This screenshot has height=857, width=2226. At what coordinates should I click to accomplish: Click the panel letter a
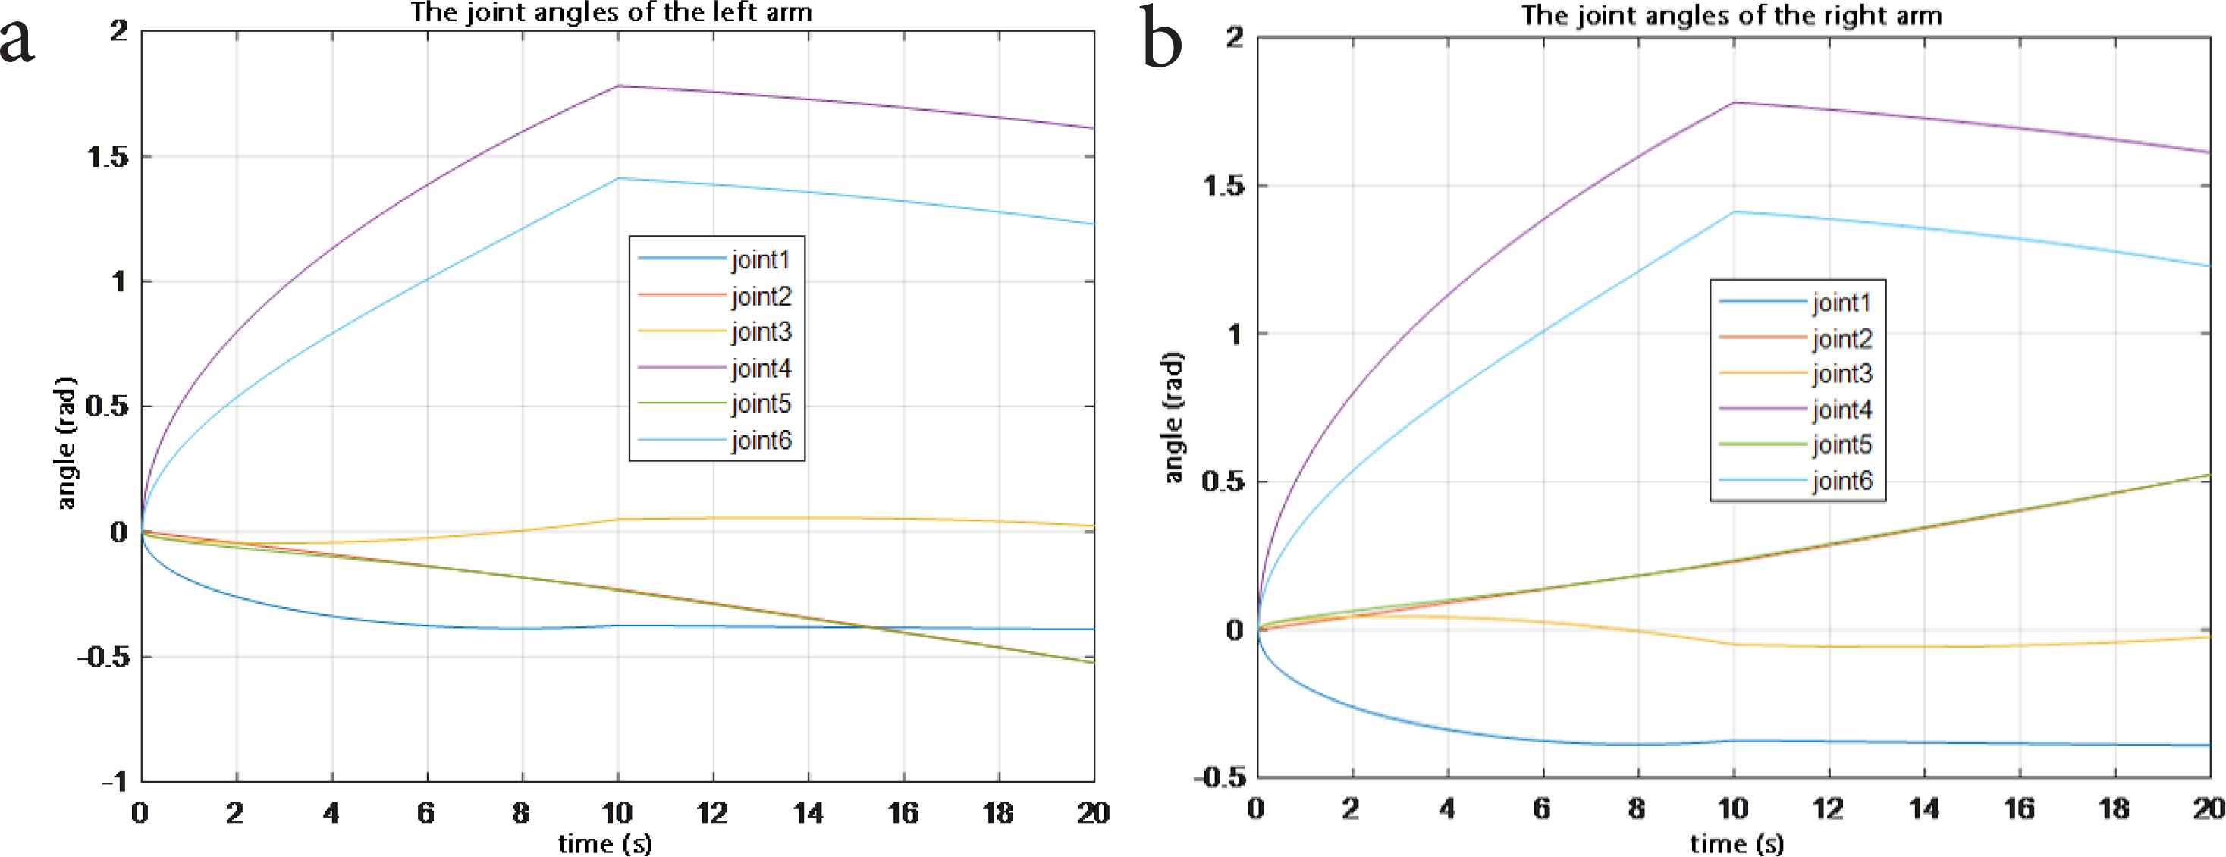click(x=17, y=42)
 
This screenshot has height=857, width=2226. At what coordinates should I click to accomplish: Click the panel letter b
click(x=1161, y=42)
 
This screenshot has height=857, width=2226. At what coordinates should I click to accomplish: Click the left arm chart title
click(x=611, y=13)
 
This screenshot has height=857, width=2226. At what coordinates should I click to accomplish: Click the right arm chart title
click(x=1732, y=16)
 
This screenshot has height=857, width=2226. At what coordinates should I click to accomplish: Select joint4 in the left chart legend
click(x=761, y=368)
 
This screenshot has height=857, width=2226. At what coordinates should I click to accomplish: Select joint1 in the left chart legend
click(x=761, y=259)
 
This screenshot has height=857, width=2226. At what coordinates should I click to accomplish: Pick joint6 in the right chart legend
click(x=1841, y=480)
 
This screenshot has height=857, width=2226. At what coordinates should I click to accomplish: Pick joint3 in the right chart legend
click(x=1841, y=373)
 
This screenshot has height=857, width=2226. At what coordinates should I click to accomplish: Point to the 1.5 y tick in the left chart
click(x=108, y=156)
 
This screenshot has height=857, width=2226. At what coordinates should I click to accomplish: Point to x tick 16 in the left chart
click(x=903, y=813)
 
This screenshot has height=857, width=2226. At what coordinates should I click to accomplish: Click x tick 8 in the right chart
click(x=1637, y=808)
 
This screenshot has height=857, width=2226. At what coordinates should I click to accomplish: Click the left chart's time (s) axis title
click(x=605, y=843)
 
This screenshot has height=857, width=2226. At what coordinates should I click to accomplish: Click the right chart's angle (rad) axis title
click(x=1173, y=417)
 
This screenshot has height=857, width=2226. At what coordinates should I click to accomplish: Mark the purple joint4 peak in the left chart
click(x=618, y=86)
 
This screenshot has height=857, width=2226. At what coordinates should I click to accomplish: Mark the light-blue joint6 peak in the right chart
click(x=1734, y=212)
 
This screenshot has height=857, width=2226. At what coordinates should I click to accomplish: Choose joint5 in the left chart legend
click(x=761, y=403)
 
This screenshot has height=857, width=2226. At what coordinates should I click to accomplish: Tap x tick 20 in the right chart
click(x=2209, y=808)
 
